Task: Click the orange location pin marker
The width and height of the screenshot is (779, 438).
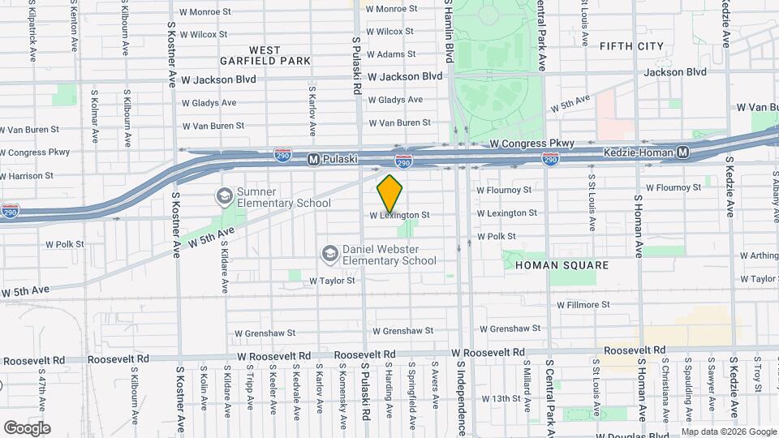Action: (x=389, y=194)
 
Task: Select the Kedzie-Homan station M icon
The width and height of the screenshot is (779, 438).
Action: (x=683, y=152)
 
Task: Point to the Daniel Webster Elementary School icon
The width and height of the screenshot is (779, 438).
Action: (x=329, y=255)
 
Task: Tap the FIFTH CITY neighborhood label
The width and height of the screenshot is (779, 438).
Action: (x=631, y=46)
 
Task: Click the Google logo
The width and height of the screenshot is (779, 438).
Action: (x=27, y=427)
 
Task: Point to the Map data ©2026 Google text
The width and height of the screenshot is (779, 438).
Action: (x=728, y=431)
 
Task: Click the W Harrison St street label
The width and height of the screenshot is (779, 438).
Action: (x=27, y=175)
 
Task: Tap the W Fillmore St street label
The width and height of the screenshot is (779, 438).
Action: (x=583, y=305)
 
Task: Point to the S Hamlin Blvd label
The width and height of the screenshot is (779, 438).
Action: (x=447, y=32)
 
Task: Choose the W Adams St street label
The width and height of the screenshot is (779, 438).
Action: (x=391, y=54)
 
